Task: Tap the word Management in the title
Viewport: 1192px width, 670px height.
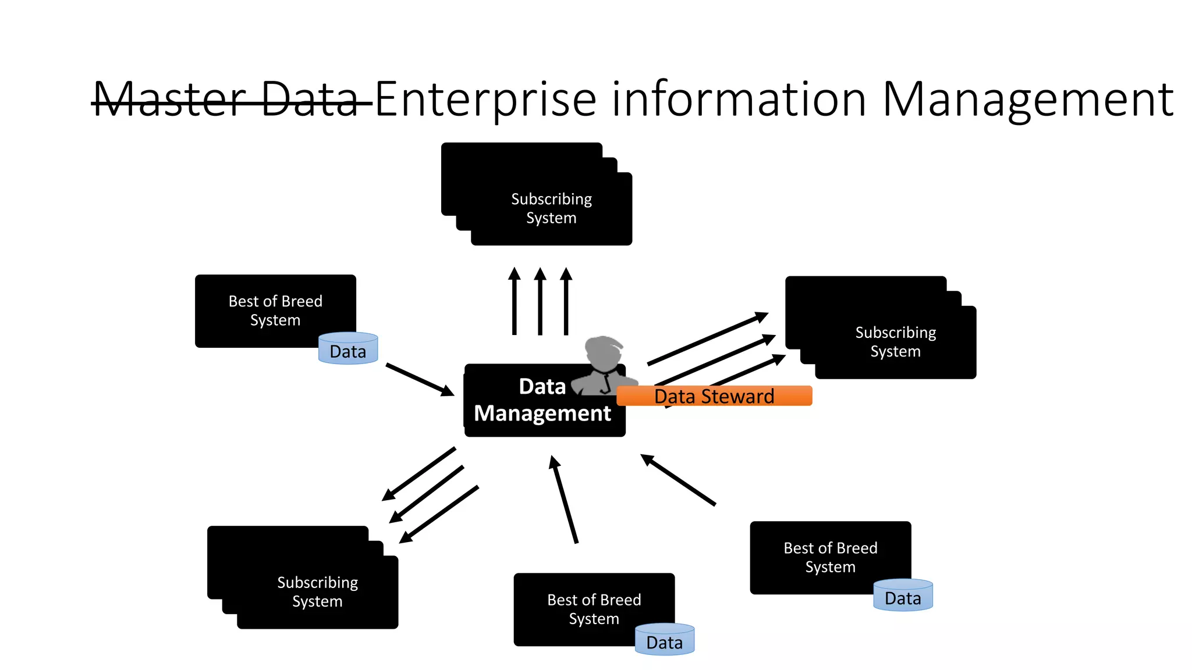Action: (x=1027, y=100)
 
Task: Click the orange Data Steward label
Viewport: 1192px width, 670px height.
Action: (x=714, y=396)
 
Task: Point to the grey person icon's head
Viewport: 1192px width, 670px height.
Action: (x=604, y=352)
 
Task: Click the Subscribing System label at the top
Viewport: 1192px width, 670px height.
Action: (x=551, y=208)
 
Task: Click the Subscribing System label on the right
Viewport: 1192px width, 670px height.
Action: (x=895, y=341)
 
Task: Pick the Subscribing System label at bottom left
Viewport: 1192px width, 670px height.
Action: (x=317, y=591)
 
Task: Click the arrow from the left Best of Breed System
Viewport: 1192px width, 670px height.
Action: (x=419, y=379)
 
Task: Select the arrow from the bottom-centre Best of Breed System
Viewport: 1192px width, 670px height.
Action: (x=564, y=500)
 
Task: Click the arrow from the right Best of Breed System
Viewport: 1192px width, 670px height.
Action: (x=678, y=480)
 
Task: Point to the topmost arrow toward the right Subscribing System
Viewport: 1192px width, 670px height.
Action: (x=707, y=339)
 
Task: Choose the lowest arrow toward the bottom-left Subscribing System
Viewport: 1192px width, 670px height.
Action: (x=439, y=514)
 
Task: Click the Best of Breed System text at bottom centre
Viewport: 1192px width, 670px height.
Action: (x=594, y=609)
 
